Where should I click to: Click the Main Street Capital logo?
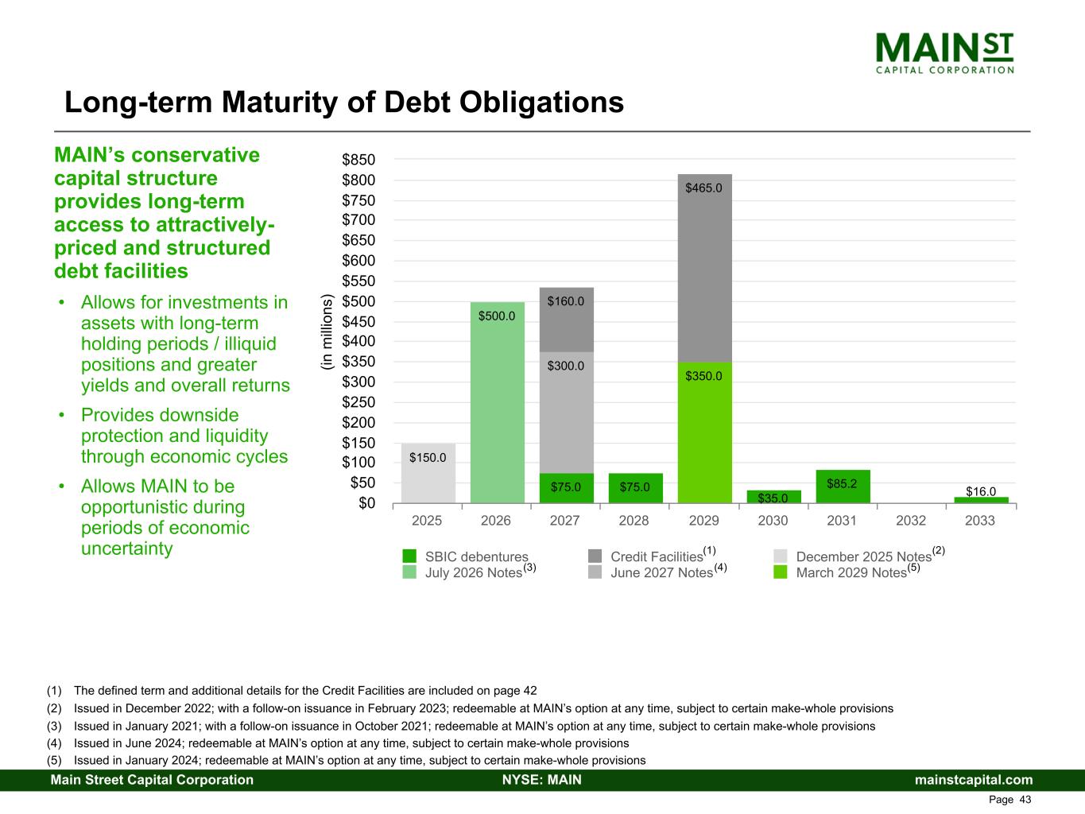coord(944,53)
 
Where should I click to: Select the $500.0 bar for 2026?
coord(498,402)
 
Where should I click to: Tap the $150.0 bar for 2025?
coord(428,473)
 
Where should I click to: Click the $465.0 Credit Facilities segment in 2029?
coord(704,268)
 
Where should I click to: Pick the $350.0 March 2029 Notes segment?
coord(704,432)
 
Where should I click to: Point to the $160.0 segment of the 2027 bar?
coord(566,320)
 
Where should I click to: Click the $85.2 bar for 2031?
coord(843,486)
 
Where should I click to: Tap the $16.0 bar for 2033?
coord(981,500)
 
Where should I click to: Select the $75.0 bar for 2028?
coord(635,488)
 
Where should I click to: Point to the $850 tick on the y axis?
coord(358,160)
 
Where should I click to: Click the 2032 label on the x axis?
coord(911,521)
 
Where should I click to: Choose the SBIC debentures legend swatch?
coord(410,556)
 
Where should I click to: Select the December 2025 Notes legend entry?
coord(863,556)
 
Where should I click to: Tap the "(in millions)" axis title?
coord(327,332)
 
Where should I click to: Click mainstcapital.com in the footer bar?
coord(974,780)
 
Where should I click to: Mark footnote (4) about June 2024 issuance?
coord(351,743)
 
